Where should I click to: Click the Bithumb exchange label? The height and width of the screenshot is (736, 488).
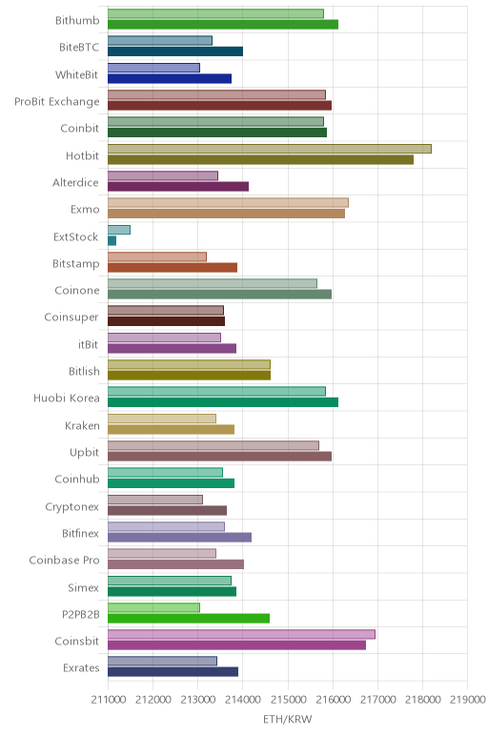[77, 21]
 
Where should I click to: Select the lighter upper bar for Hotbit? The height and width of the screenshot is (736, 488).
[270, 149]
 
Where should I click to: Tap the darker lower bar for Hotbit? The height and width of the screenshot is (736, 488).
[260, 159]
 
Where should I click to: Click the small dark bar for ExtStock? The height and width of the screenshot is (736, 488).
[112, 241]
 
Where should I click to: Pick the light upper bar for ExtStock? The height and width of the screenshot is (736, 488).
[119, 230]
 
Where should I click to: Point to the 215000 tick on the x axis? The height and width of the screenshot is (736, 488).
[288, 700]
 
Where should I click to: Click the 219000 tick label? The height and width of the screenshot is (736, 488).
[467, 700]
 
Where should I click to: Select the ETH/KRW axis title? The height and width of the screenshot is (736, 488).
[287, 719]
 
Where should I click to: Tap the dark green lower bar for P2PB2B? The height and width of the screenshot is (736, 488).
[189, 618]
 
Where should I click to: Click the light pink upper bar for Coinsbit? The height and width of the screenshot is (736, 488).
[241, 635]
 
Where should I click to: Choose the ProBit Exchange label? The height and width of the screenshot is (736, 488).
[57, 102]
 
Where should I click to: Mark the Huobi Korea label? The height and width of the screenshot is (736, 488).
[66, 399]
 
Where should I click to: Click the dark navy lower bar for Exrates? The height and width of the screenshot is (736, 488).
[173, 672]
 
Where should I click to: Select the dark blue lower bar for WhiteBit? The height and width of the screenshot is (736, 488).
[170, 78]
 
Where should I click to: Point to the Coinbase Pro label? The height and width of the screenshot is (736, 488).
[64, 560]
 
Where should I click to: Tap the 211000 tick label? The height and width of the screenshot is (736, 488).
[109, 700]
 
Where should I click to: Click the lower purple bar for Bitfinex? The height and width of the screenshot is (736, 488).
[179, 537]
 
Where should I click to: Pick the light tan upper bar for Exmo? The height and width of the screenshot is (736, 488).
[228, 203]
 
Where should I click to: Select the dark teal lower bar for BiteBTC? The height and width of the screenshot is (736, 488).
[175, 51]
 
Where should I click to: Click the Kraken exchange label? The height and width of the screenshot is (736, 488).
[82, 426]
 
